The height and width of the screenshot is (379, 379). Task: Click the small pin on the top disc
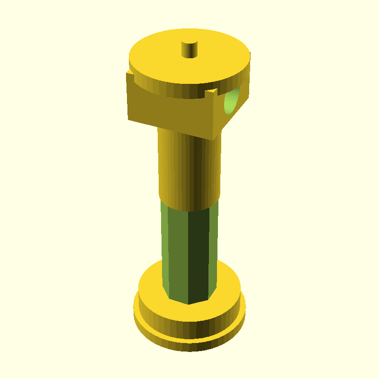(190, 50)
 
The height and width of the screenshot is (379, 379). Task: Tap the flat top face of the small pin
(190, 44)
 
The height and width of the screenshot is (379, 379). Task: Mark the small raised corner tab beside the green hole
(216, 90)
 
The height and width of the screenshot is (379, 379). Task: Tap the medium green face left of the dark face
(175, 251)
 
